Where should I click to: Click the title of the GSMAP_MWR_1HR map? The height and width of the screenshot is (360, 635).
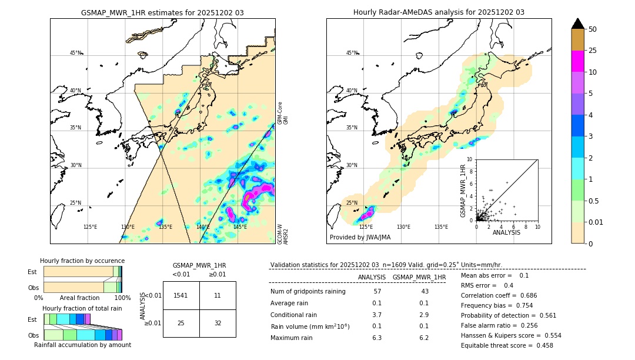click(162, 12)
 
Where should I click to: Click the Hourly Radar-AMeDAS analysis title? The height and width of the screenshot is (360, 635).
click(439, 12)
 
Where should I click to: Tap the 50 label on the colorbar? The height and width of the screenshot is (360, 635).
click(593, 29)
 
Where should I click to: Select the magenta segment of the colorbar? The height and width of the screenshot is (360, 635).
click(577, 61)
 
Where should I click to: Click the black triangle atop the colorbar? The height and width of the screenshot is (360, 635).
click(577, 24)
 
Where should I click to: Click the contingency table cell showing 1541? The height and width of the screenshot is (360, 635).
click(181, 295)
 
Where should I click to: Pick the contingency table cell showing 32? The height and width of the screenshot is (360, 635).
click(218, 323)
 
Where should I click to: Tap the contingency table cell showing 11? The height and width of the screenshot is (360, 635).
click(218, 295)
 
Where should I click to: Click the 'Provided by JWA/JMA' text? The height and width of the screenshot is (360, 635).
click(360, 237)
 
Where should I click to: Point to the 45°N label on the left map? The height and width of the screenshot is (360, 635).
click(75, 53)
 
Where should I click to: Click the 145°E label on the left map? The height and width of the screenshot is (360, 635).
click(240, 227)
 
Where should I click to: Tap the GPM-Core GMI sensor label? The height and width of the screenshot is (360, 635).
click(283, 112)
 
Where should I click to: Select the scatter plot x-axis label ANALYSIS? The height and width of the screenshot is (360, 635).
click(506, 232)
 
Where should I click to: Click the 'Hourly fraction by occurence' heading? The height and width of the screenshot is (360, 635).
click(82, 261)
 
